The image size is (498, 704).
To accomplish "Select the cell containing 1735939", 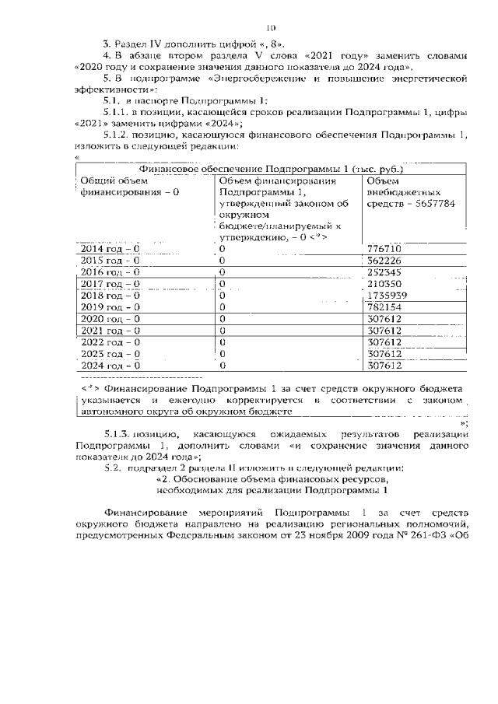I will [387, 296].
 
